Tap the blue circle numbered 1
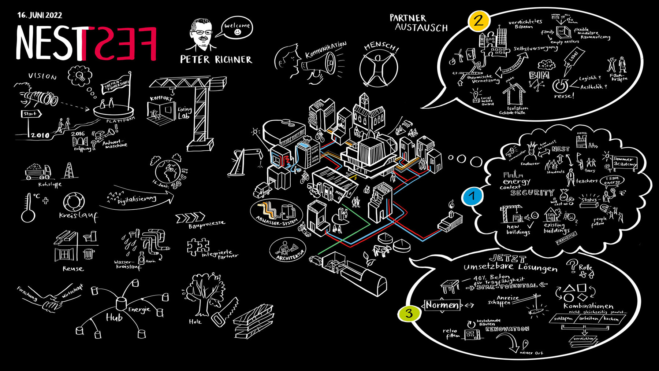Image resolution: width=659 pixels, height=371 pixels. (472, 196)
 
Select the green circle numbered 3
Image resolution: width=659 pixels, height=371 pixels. (409, 313)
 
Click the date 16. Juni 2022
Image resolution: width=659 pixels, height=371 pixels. (40, 15)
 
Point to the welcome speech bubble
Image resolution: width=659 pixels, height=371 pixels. (237, 28)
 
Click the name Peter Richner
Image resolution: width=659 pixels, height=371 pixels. (216, 60)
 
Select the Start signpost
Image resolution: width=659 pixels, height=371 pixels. (31, 114)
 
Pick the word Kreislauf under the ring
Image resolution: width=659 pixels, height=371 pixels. (78, 216)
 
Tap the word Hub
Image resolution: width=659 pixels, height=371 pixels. (114, 317)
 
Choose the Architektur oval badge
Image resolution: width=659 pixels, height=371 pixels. (288, 250)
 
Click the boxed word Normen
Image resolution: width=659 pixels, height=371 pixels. (442, 305)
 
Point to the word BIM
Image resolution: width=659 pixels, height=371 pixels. (539, 76)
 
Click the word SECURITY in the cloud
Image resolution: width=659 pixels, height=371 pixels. (532, 193)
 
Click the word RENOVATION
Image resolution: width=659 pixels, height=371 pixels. (507, 329)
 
